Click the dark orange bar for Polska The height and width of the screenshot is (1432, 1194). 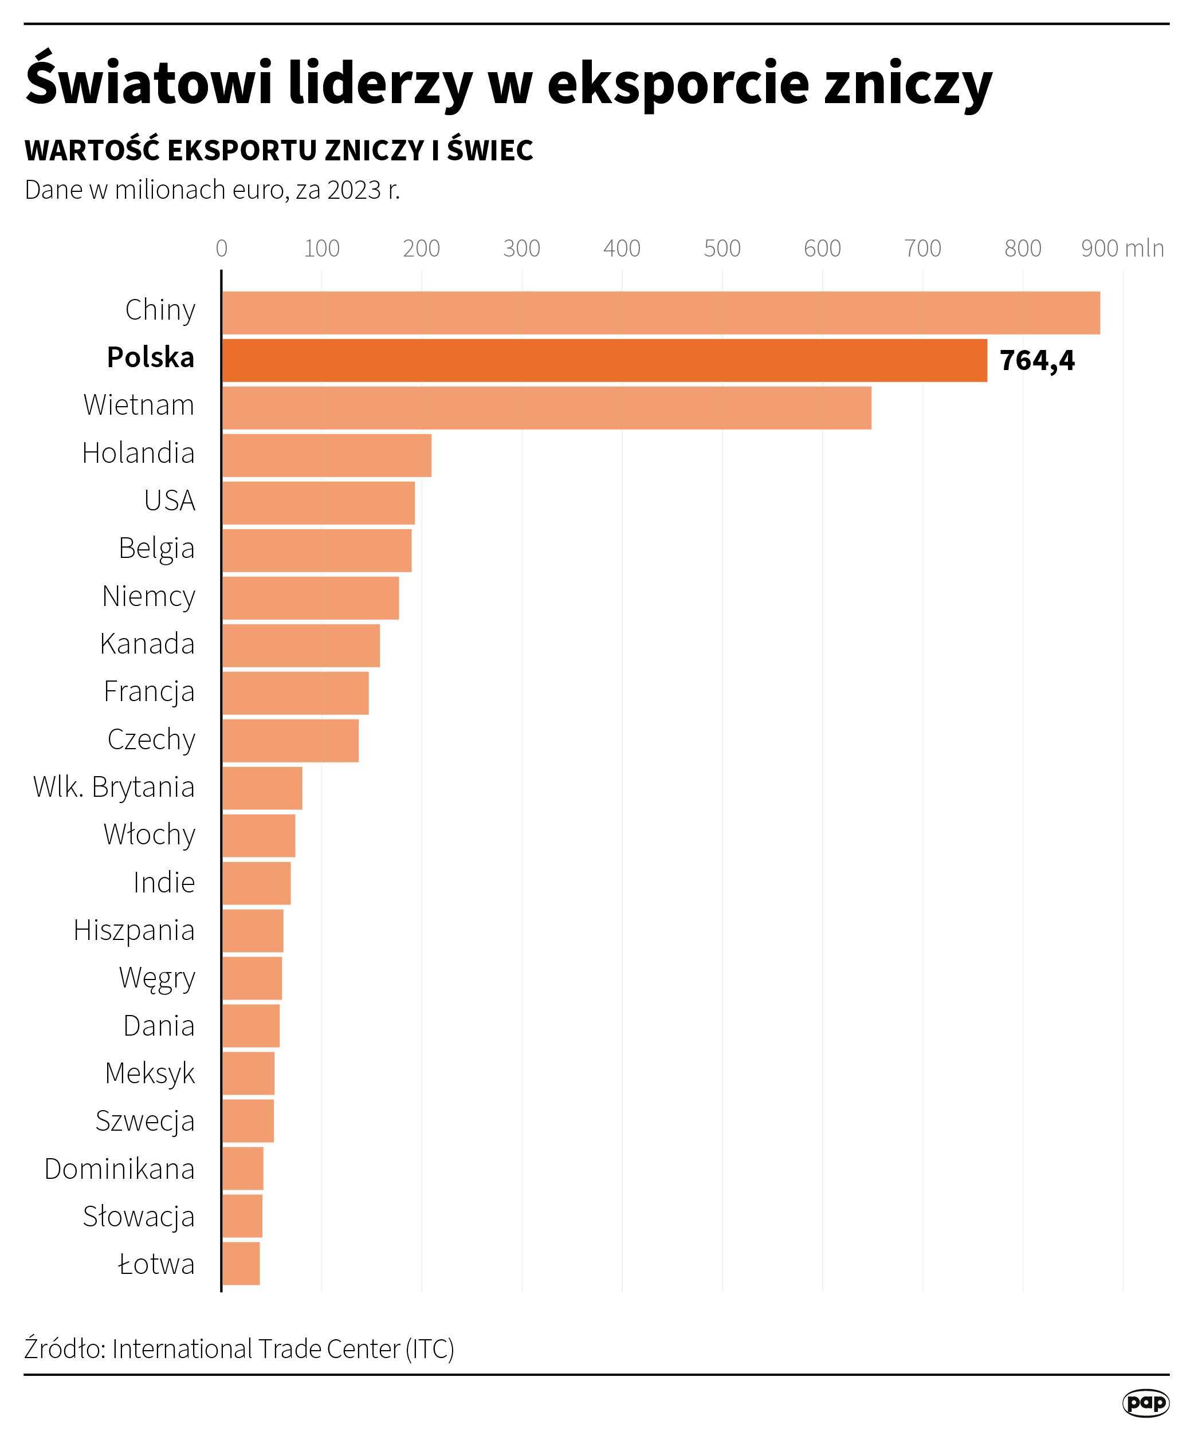(x=604, y=360)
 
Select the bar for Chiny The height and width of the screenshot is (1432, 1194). (x=660, y=313)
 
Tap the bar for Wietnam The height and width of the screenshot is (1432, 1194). (x=546, y=408)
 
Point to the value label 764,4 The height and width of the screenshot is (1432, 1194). (x=1036, y=361)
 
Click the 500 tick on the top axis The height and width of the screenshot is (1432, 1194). (x=721, y=248)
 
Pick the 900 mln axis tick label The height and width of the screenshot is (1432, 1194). (x=1122, y=248)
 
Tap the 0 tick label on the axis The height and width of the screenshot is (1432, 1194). (x=222, y=248)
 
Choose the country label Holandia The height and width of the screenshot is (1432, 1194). (x=139, y=453)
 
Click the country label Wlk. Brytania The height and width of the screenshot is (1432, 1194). (x=114, y=786)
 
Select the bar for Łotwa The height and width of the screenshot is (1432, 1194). (x=241, y=1264)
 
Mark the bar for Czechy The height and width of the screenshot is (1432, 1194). (x=290, y=741)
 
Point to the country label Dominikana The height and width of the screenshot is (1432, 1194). (x=120, y=1169)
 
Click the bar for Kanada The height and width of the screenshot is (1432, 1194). (x=301, y=645)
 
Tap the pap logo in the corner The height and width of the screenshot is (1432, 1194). (x=1145, y=1403)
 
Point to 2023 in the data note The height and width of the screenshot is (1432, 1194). (x=354, y=190)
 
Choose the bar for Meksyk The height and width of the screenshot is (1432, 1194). (x=249, y=1073)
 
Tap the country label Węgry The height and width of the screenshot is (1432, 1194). (x=158, y=978)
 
